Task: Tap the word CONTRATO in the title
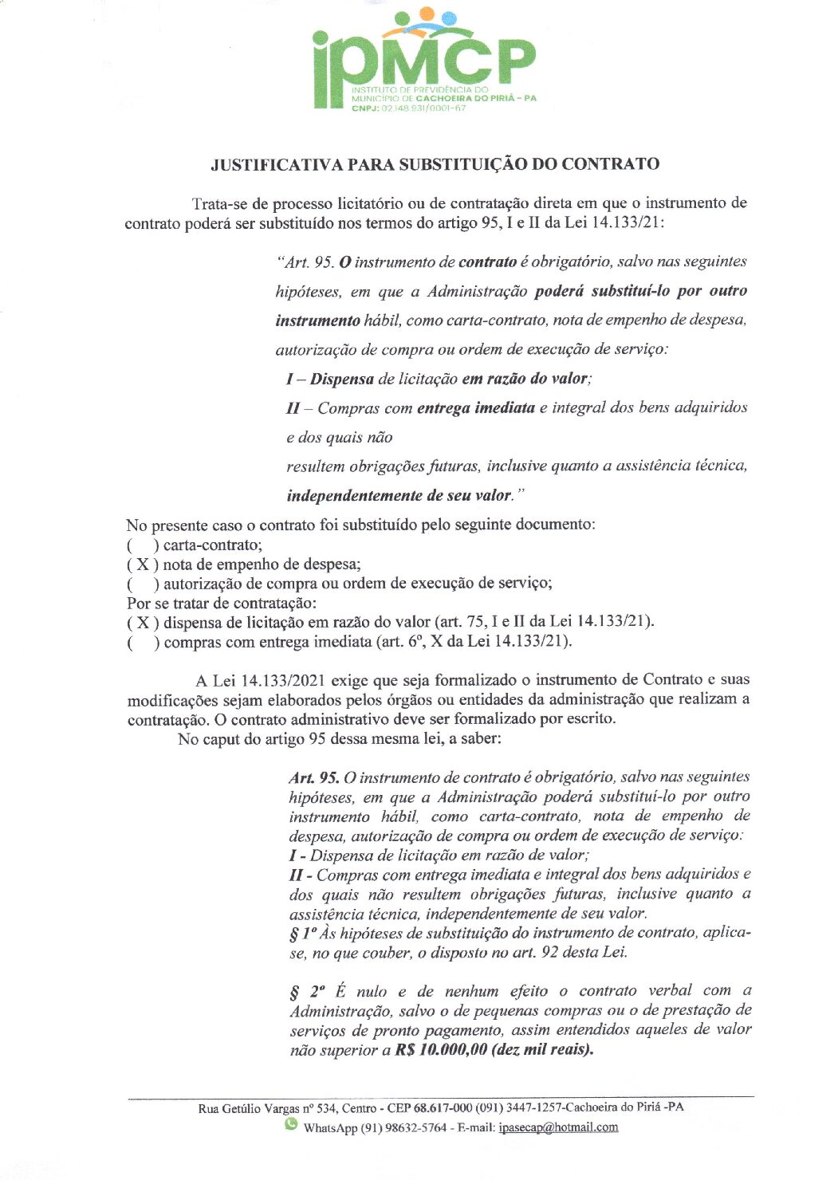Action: click(x=610, y=164)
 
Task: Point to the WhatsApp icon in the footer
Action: click(x=291, y=1125)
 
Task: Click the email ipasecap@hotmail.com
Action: click(x=558, y=1127)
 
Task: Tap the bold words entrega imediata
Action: click(x=476, y=408)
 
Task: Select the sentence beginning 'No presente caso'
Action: click(x=360, y=525)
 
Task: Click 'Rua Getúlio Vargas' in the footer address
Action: click(x=248, y=1108)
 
